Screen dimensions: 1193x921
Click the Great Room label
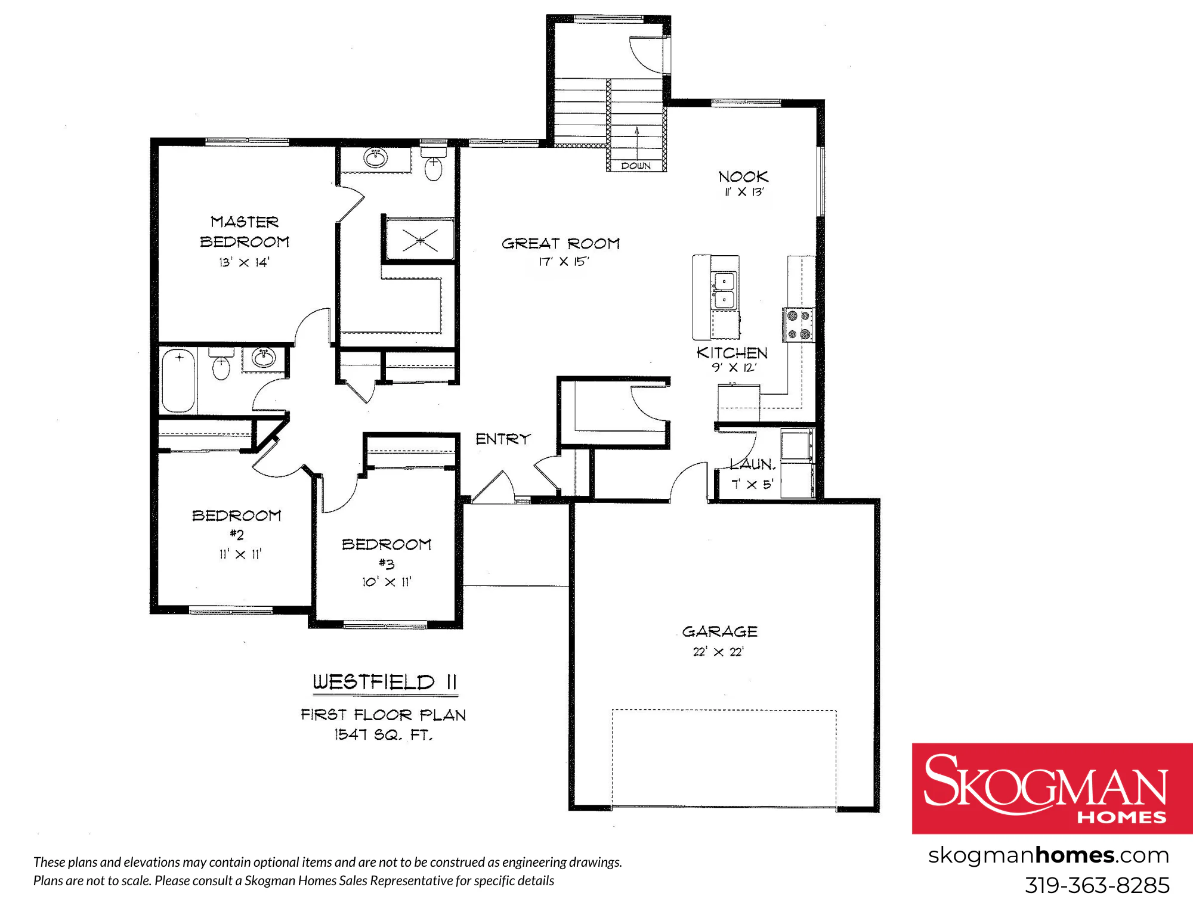[561, 243]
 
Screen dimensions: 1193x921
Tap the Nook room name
[743, 176]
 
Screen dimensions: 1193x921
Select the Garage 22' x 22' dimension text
[718, 652]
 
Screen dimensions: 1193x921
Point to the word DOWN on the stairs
[636, 166]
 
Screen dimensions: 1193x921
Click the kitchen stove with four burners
[798, 325]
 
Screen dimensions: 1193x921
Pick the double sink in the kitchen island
[724, 290]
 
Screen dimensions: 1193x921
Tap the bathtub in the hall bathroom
[178, 380]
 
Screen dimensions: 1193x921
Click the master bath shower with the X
[420, 240]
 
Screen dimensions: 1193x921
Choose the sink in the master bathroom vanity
[376, 159]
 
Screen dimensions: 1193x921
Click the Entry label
[503, 439]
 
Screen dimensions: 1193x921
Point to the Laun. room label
[752, 464]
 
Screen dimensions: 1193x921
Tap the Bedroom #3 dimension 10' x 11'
[387, 582]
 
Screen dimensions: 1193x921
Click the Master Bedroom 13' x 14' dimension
[244, 262]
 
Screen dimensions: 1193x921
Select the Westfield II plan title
[385, 682]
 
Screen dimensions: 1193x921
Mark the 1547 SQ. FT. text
[383, 734]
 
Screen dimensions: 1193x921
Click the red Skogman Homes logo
[1052, 788]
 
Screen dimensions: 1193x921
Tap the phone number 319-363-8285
[1097, 885]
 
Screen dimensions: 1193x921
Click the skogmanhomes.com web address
[1048, 855]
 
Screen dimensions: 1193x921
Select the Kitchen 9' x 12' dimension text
[734, 368]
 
